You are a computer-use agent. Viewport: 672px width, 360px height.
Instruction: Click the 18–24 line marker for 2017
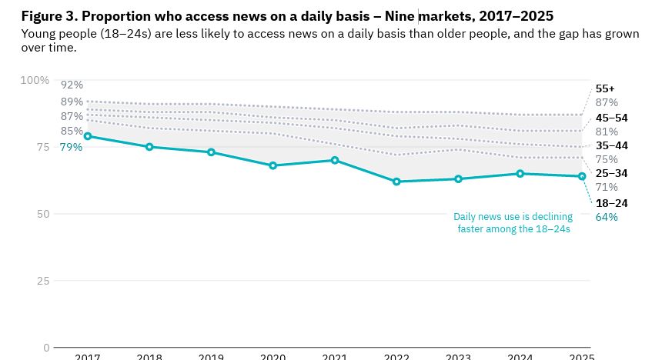click(x=88, y=136)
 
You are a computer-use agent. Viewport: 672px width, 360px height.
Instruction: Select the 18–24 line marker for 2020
click(x=273, y=165)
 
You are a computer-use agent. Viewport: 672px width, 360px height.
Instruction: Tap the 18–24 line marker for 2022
click(x=396, y=182)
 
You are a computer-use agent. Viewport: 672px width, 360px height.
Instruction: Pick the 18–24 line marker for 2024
click(x=520, y=174)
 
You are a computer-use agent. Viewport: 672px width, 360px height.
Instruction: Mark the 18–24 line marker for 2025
click(x=582, y=176)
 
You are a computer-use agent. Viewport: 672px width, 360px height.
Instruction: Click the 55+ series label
click(x=605, y=88)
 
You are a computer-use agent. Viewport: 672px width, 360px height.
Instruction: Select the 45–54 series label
click(x=611, y=118)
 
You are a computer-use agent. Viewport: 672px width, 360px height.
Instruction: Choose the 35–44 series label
click(x=611, y=145)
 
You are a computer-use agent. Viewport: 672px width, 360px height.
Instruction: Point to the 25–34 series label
click(x=611, y=173)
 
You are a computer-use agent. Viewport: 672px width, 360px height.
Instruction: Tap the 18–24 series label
click(x=611, y=203)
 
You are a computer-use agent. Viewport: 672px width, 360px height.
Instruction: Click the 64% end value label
click(x=607, y=217)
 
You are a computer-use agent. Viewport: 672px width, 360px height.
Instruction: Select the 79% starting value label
click(x=71, y=147)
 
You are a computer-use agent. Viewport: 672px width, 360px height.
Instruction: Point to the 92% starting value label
click(x=72, y=85)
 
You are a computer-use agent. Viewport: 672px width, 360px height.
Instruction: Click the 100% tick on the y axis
click(x=35, y=81)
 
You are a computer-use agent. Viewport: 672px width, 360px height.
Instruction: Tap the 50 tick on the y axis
click(x=42, y=214)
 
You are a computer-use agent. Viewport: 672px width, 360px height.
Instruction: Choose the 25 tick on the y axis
click(x=42, y=281)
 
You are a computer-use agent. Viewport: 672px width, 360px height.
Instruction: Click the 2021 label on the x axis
click(x=335, y=355)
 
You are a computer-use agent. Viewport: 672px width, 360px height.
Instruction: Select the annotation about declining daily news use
click(x=513, y=223)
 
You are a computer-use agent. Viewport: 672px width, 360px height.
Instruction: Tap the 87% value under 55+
click(x=607, y=102)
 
